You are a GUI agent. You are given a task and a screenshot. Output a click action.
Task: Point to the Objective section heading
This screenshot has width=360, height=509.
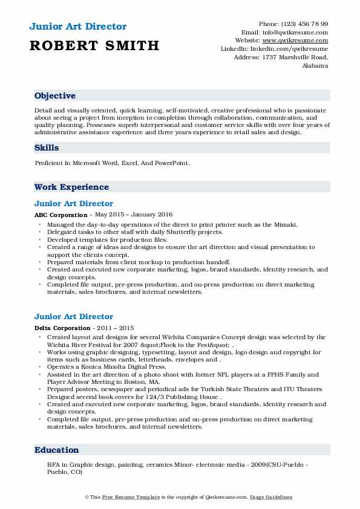(x=55, y=96)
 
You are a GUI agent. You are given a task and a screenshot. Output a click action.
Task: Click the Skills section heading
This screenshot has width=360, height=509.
(x=47, y=148)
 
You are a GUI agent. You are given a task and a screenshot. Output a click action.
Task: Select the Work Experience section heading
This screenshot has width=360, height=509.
(x=71, y=187)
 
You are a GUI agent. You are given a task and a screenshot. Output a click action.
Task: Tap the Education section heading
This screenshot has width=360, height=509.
(x=57, y=450)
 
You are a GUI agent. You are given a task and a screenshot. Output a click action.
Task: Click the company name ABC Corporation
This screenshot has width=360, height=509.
(x=61, y=215)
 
